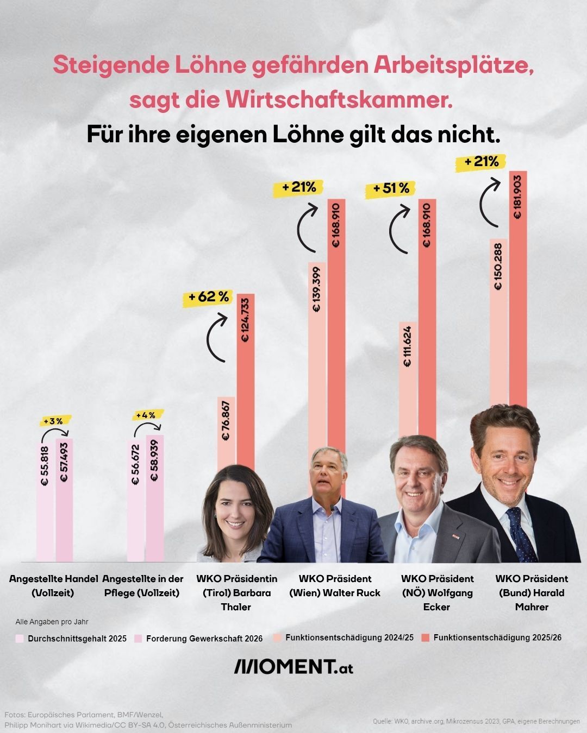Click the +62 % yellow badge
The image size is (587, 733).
tap(209, 298)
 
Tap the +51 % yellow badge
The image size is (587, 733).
tap(391, 188)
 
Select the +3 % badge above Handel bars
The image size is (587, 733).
tap(56, 421)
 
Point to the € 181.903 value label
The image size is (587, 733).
tap(517, 197)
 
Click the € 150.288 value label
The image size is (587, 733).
tap(498, 267)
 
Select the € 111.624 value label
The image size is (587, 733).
tap(408, 346)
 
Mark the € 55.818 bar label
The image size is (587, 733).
tap(45, 465)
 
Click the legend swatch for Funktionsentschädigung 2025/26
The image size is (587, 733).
tap(425, 637)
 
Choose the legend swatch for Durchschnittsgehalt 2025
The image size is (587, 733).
tap(20, 639)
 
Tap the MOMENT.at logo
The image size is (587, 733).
tap(293, 666)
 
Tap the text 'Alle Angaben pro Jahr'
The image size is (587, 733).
tap(52, 622)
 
